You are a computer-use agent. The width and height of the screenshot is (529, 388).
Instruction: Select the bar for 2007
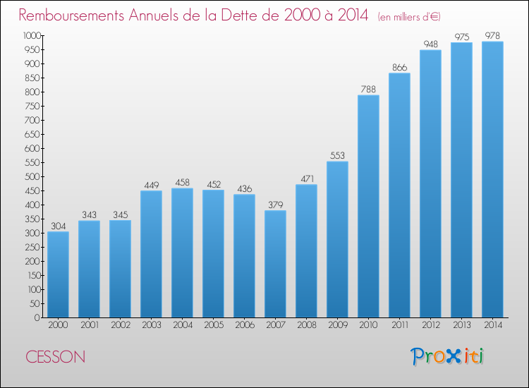pos(275,264)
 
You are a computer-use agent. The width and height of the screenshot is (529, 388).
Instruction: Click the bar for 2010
pos(368,206)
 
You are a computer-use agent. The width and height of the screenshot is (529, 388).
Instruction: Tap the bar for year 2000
pos(58,274)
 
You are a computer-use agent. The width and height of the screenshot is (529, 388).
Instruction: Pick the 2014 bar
pos(492,179)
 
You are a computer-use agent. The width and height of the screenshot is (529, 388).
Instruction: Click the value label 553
pos(337,155)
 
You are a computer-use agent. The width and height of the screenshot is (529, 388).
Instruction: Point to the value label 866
pos(399,68)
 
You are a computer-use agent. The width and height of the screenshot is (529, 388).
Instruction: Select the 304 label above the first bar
pos(58,226)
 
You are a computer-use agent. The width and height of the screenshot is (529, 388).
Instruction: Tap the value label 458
pos(182,183)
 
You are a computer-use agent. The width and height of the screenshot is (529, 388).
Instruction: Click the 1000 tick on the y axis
pos(32,35)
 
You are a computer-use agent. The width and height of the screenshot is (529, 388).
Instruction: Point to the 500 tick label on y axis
pos(32,176)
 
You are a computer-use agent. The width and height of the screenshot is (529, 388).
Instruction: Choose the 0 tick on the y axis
pos(37,317)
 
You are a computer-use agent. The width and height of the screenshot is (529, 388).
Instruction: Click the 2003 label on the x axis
pos(152,325)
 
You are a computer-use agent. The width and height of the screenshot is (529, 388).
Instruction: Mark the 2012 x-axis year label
pos(431,325)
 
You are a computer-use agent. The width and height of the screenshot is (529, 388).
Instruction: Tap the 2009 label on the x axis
pos(338,325)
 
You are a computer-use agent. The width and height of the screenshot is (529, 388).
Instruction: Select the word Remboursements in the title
pos(71,15)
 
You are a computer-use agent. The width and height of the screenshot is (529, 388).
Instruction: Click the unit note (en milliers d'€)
pos(409,16)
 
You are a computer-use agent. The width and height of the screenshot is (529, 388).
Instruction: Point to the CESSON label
pos(55,357)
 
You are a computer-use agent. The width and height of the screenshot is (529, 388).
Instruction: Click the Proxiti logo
pos(446,356)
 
